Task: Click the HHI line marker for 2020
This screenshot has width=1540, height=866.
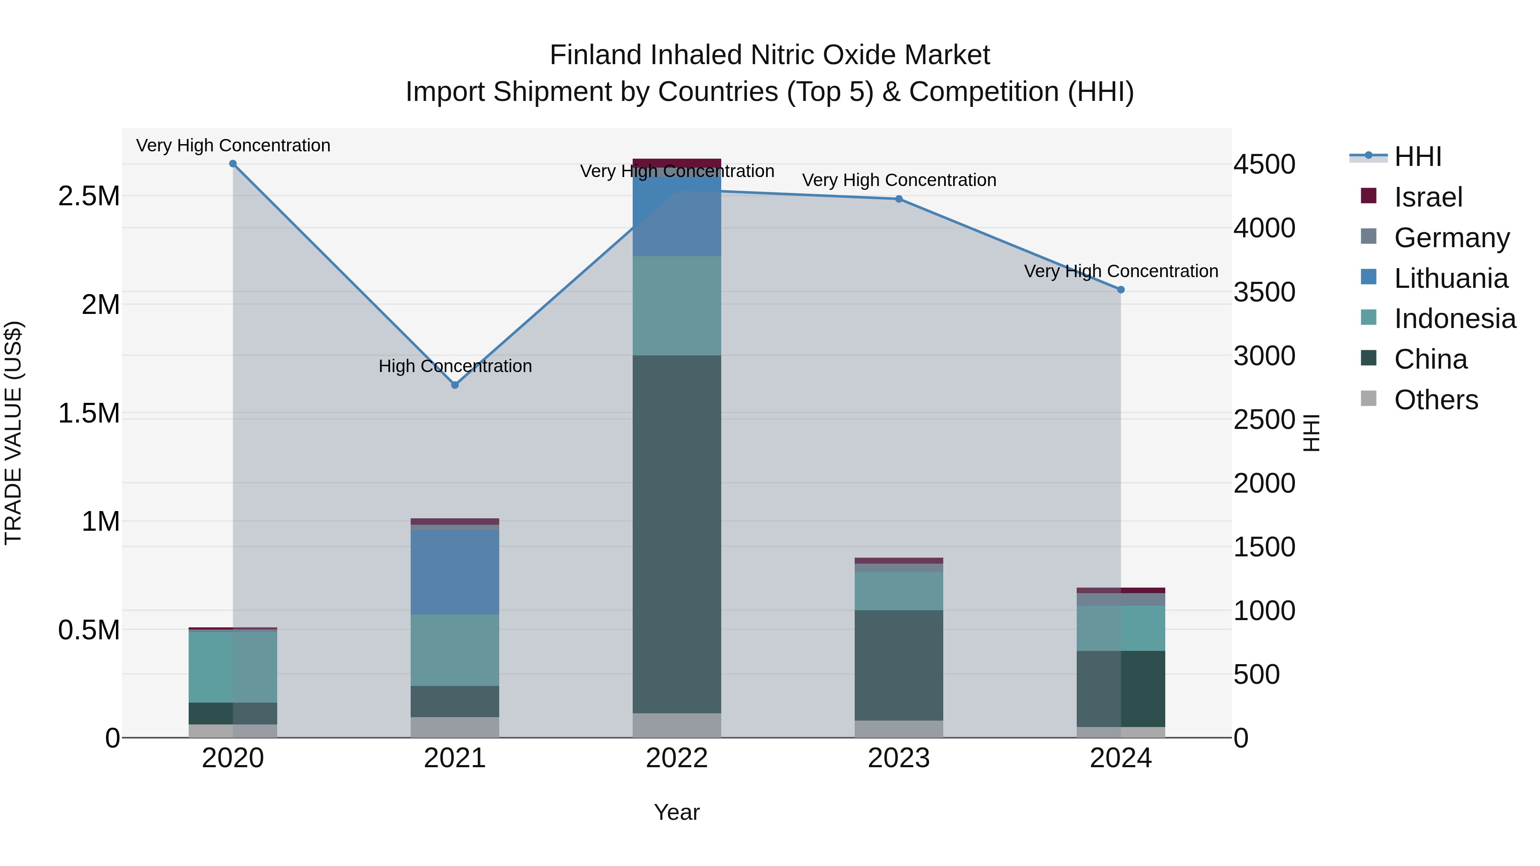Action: (233, 164)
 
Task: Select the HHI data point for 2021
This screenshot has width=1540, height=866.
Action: (455, 385)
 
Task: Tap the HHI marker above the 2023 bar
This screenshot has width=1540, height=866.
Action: (899, 199)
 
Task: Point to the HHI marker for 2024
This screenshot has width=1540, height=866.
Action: (1121, 290)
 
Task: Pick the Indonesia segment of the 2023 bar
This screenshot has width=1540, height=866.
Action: (899, 591)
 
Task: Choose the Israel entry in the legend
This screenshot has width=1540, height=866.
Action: (1428, 197)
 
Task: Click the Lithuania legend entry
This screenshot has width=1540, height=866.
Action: (1451, 278)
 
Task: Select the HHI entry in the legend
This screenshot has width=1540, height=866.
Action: (1418, 157)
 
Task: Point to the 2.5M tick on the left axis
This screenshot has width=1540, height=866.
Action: (89, 196)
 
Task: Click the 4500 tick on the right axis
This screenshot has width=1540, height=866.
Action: (1265, 164)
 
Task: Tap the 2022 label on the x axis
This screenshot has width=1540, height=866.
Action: (677, 758)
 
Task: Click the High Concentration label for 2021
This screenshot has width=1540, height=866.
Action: (455, 366)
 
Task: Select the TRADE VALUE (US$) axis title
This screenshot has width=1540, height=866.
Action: (13, 433)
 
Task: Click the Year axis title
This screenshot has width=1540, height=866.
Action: (677, 812)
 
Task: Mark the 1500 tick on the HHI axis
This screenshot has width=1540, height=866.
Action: (1265, 547)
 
